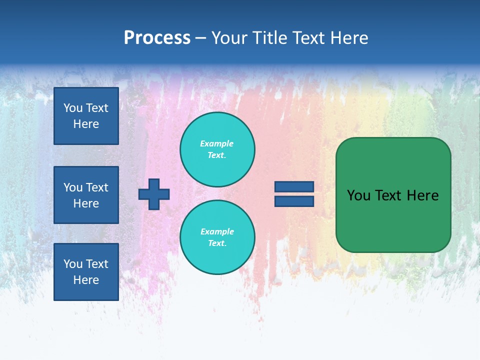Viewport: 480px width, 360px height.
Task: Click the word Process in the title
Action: point(157,38)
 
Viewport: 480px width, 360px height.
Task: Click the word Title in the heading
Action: point(271,38)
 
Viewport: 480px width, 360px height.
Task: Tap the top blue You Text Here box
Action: point(86,116)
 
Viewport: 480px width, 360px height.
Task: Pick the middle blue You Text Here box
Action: point(86,195)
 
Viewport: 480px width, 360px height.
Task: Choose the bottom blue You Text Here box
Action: point(86,272)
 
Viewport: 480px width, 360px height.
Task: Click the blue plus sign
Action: point(154,194)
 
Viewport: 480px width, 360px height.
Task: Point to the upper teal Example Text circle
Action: point(217,149)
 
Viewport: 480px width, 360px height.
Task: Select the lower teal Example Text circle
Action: point(217,237)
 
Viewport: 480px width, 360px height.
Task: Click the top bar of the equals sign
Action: point(294,187)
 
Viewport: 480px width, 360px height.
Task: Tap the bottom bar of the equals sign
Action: point(294,201)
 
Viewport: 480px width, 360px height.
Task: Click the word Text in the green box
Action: point(388,195)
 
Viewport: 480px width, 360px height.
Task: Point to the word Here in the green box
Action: point(422,195)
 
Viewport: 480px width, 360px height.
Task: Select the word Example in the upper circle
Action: point(216,143)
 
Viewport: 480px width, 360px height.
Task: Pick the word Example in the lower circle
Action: point(217,231)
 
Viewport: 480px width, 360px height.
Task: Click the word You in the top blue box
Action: point(73,108)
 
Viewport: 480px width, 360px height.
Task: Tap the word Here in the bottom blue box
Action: point(86,280)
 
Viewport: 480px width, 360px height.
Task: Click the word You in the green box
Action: point(358,195)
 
